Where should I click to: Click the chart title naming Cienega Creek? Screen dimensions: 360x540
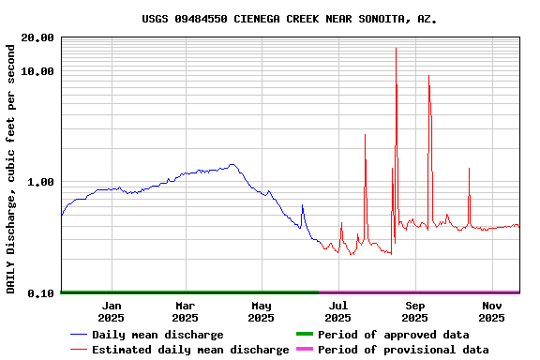coord(290,19)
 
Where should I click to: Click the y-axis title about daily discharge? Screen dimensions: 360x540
coord(11,166)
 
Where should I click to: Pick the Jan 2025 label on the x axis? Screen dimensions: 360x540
coord(112,311)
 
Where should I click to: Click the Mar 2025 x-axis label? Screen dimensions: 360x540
coord(186,311)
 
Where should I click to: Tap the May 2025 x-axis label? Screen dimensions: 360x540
coord(262,311)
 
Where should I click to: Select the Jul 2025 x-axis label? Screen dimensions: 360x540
coord(338,311)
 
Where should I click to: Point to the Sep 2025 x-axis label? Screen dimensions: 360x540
coord(415,311)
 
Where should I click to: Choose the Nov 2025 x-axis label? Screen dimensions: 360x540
coord(492,311)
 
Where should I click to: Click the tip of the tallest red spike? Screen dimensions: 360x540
coord(396,48)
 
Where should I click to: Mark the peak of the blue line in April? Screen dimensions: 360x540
coord(231,165)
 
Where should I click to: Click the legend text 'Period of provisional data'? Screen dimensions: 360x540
coord(403,350)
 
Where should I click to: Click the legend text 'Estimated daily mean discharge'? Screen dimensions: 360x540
coord(190,350)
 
